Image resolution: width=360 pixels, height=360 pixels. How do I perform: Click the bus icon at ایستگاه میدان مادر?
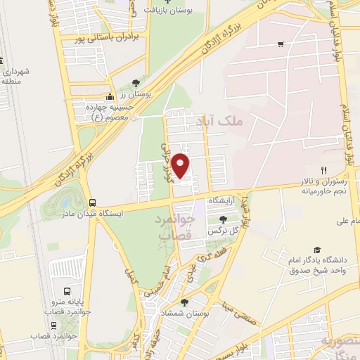(91, 201)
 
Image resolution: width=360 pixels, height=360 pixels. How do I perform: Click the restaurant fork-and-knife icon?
(323, 169)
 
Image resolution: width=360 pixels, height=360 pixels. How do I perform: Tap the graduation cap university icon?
(317, 250)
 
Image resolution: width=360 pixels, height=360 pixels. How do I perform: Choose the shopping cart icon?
(281, 44)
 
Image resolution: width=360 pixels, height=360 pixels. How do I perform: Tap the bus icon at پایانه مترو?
(67, 290)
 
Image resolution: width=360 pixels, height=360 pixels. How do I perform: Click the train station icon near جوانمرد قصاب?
(53, 325)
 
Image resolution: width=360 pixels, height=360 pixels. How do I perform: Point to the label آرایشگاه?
(224, 201)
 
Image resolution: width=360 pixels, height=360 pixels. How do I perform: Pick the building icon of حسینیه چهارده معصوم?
(109, 97)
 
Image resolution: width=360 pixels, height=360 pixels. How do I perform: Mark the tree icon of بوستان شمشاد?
(184, 302)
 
